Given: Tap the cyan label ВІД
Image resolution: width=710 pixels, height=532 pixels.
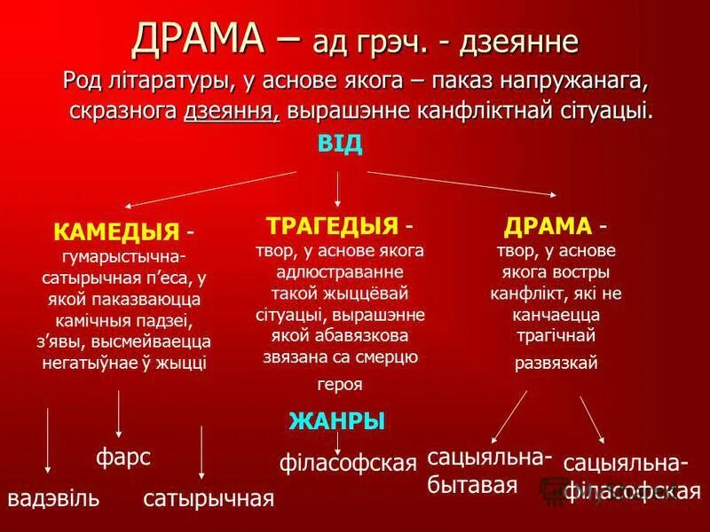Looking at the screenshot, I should point(339,145).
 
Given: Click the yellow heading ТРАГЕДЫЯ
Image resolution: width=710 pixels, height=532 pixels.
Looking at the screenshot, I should point(331,223).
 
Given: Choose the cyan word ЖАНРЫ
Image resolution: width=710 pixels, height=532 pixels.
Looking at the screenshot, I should point(337,422).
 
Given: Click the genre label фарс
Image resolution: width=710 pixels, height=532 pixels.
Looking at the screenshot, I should point(122,458).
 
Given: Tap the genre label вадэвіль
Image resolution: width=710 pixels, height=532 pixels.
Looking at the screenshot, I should point(53,497).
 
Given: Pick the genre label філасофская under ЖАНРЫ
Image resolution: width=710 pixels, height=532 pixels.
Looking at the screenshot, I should point(348,462).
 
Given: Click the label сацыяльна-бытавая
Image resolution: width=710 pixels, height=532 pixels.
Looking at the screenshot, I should point(490,471).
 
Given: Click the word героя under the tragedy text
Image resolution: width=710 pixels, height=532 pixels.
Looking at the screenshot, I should point(339,385).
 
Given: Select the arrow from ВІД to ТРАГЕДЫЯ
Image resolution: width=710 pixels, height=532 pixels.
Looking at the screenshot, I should point(338,188).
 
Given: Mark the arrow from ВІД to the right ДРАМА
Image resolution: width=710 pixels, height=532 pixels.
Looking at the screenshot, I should point(461,184).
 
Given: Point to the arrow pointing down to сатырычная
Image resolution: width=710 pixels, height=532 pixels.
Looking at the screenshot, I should point(203,452).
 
